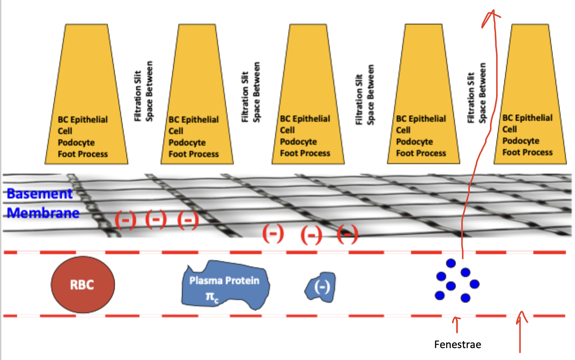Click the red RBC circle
point(82,285)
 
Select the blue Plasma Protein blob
point(225,285)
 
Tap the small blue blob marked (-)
point(321,287)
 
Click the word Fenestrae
point(457,345)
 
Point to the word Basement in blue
point(40,194)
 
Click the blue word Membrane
point(43,213)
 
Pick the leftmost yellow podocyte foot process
point(86,94)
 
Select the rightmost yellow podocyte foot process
point(530,94)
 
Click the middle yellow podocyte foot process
point(308,94)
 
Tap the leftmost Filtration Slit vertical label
point(143,91)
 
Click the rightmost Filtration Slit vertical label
point(476,93)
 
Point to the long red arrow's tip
point(493,10)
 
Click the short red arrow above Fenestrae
point(457,325)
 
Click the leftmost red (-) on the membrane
point(125,220)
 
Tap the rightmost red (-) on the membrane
point(347,234)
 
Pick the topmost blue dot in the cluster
point(451,263)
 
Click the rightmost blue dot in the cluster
point(474,284)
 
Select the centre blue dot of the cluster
point(451,286)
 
